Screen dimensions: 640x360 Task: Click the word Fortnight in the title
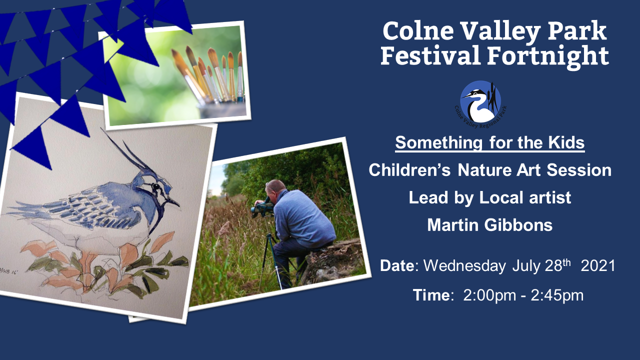tap(548, 56)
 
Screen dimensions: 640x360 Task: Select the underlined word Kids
tap(566, 142)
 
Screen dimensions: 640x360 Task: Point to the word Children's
tap(409, 170)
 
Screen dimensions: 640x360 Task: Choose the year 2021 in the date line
tap(598, 265)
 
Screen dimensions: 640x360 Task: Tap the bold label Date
tap(397, 265)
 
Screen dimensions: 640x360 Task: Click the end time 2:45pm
tap(557, 295)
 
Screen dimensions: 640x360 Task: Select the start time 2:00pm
tap(489, 295)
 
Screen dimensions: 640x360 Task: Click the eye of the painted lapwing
tap(156, 186)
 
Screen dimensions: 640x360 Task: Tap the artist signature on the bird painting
tap(9, 270)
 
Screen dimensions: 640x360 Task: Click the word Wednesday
tap(464, 265)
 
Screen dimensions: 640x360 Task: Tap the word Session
tap(579, 170)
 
